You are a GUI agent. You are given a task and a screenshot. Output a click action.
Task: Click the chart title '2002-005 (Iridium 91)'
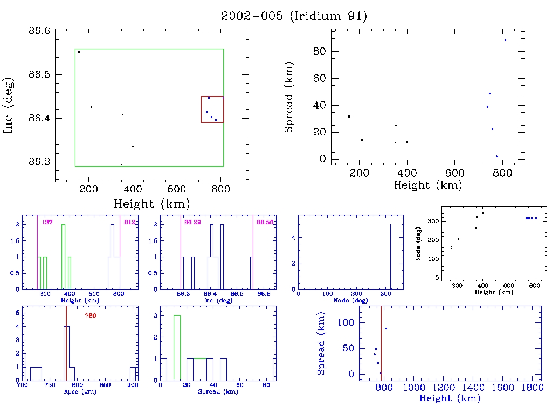pos(294,16)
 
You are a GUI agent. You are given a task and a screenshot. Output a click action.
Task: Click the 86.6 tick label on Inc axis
pos(39,31)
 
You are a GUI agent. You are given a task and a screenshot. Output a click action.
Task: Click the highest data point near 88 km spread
pos(505,40)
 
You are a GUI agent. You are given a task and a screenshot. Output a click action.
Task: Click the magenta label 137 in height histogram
pos(47,222)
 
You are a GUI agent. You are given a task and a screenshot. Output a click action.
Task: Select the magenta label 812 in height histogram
pos(130,222)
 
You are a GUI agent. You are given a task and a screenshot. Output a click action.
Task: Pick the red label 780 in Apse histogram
pos(91,315)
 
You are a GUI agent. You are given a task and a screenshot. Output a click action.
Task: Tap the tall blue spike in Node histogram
pos(390,257)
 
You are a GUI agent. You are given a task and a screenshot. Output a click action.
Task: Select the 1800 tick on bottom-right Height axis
pos(531,388)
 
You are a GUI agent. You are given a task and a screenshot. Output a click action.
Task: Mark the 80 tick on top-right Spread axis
pos(320,51)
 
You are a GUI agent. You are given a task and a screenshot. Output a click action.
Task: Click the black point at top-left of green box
pos(79,52)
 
